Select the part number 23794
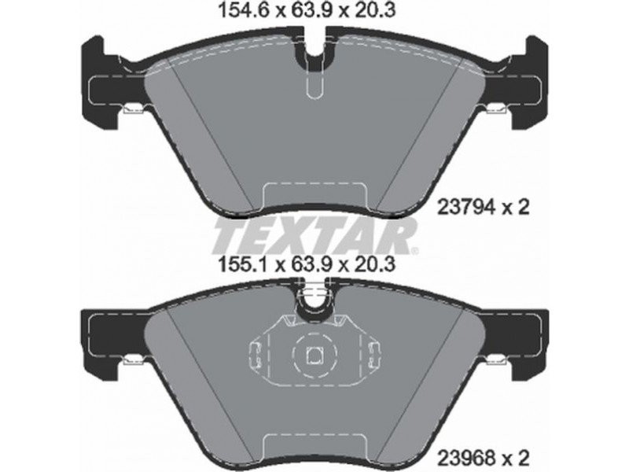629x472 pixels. point(465,208)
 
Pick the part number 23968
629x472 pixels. point(465,458)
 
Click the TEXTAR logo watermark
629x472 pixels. point(315,238)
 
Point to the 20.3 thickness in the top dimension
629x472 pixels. point(374,11)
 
